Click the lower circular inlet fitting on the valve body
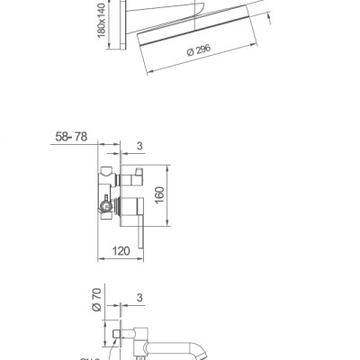106,207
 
